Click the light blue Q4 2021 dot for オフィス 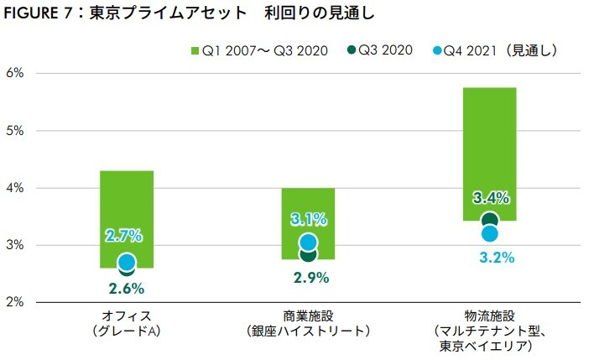pos(127,262)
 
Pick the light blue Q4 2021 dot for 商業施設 pos(309,243)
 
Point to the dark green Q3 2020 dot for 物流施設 pos(491,222)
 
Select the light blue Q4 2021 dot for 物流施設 pos(491,233)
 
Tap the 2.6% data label pos(127,288)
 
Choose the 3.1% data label pos(308,220)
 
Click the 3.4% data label pos(491,199)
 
